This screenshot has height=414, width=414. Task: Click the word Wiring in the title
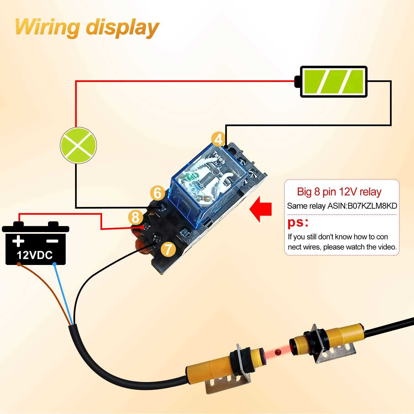47,27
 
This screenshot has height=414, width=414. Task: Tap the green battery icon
334,82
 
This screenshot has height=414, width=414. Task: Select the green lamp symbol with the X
78,145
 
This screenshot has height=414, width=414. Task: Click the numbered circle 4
218,140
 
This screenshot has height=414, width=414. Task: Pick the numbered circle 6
157,193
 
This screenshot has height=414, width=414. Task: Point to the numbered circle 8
135,217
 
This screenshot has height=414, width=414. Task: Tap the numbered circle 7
168,249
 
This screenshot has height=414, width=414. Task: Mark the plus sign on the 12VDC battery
18,241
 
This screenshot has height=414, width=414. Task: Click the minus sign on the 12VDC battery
52,241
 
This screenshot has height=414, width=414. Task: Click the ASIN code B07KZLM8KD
372,206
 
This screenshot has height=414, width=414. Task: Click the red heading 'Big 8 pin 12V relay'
339,192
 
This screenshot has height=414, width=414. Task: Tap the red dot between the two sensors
278,352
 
